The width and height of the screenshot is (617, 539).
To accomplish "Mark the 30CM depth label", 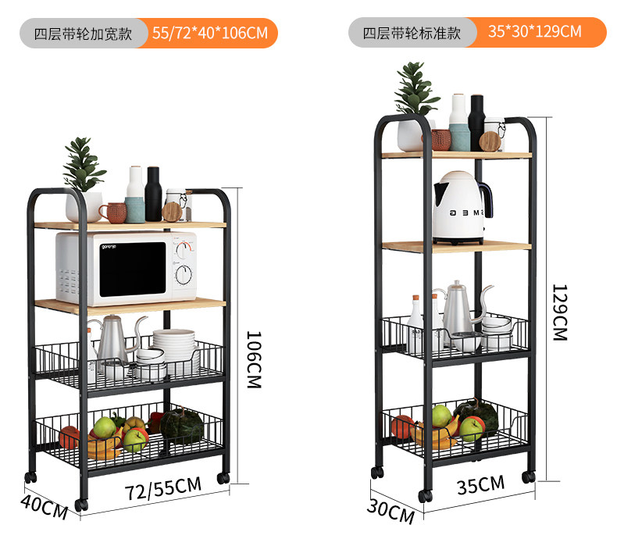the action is click(x=391, y=512).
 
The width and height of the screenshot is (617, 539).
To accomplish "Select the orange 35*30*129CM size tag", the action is click(x=535, y=32).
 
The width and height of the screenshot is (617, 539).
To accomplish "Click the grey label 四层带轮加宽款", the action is click(x=81, y=34).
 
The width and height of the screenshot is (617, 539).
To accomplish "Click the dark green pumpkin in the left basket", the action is click(x=182, y=425).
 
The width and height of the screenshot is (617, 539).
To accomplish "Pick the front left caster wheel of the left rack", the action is click(x=81, y=505).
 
